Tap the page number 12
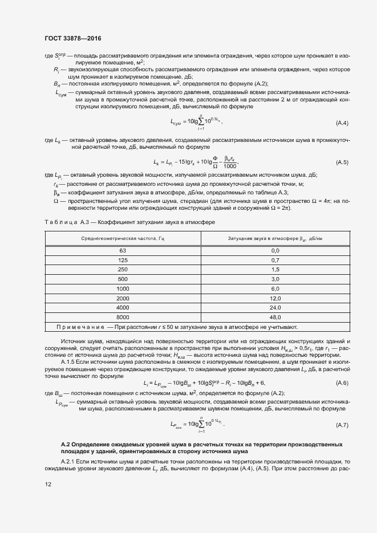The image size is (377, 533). coord(47,485)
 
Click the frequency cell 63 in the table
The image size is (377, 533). coord(123,251)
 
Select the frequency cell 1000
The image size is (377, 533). coord(123,289)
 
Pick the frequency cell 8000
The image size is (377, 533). coord(123,317)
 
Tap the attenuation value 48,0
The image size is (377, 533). coord(275,317)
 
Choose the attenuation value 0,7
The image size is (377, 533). coord(275,260)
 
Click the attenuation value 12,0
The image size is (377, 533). coord(275,298)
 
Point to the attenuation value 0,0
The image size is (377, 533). coord(275,251)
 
